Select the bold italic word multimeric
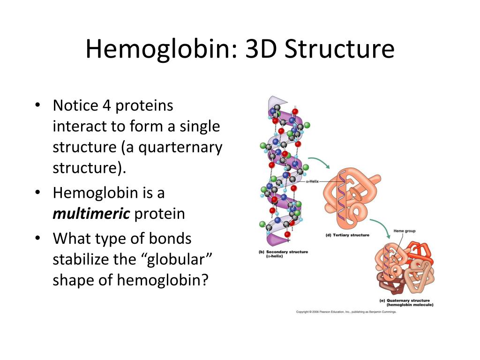pyautogui.click(x=91, y=214)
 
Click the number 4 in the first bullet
pyautogui.click(x=107, y=106)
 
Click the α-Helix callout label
pyautogui.click(x=312, y=181)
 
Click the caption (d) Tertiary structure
pyautogui.click(x=347, y=235)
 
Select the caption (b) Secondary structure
pyautogui.click(x=283, y=254)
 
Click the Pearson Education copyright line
pyautogui.click(x=346, y=312)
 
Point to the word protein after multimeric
pyautogui.click(x=160, y=214)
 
